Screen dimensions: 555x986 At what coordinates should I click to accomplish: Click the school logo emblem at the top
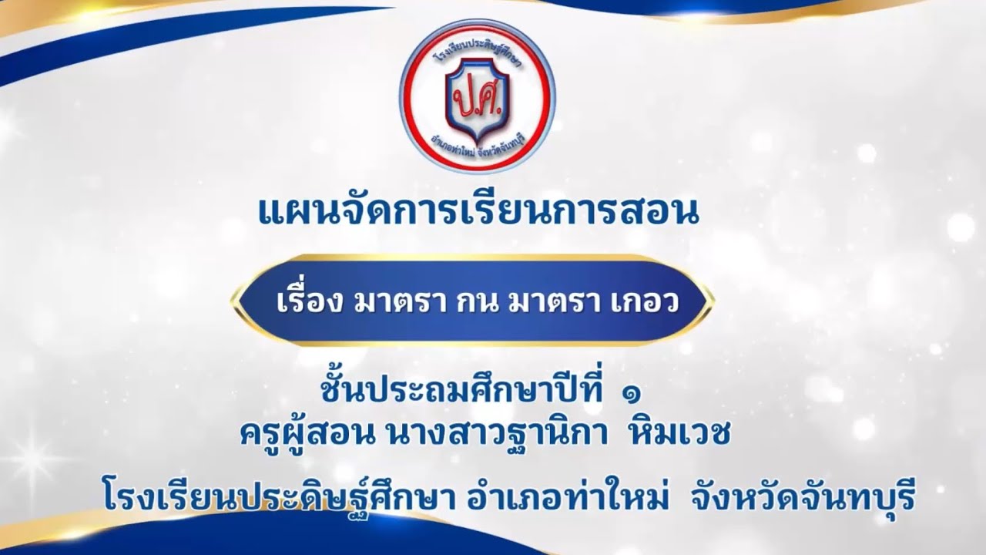coord(478,96)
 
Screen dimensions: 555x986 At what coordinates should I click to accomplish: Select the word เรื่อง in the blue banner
coord(308,301)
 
